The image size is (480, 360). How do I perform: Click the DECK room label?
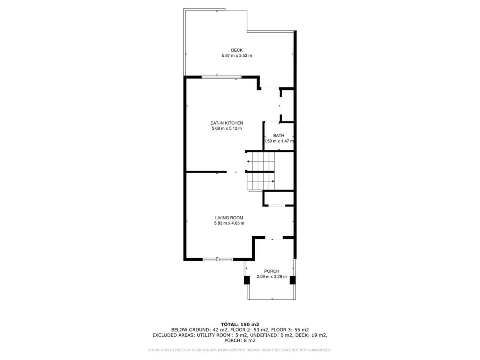[237, 50]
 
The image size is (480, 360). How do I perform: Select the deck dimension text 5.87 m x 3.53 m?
[237, 55]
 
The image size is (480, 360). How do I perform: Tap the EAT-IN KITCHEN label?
[226, 123]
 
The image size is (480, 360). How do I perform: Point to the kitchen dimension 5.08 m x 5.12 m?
[226, 128]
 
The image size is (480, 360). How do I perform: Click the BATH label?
[279, 136]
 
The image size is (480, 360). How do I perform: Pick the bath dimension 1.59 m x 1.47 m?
[279, 141]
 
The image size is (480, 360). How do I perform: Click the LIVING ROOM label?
[229, 218]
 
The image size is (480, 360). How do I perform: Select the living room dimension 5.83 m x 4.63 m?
[229, 223]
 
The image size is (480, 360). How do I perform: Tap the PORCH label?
[271, 271]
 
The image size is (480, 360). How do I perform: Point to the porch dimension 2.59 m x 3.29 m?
[271, 276]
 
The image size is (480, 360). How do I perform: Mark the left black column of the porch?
[247, 280]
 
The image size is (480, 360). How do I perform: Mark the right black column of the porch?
[292, 280]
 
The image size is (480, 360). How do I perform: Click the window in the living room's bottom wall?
[218, 259]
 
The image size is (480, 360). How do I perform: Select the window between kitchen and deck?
[221, 77]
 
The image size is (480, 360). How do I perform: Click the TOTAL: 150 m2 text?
[240, 324]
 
